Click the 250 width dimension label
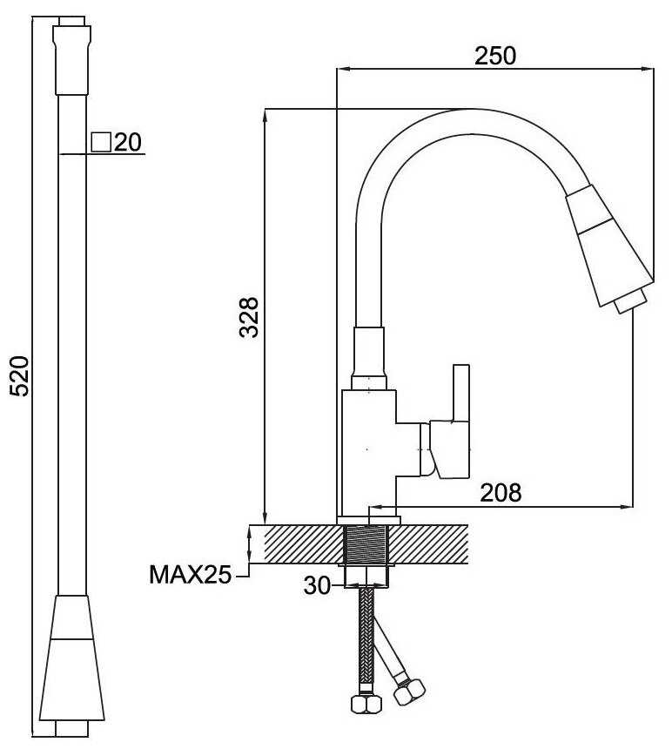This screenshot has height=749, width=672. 495,55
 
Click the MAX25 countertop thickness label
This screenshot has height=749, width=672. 189,574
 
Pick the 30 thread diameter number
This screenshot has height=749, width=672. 316,586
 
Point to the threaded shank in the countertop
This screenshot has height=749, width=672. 367,545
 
